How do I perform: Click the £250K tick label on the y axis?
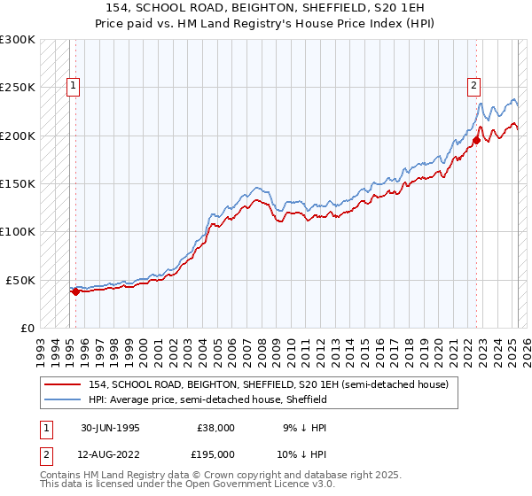click(x=19, y=88)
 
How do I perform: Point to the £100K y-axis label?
click(x=19, y=231)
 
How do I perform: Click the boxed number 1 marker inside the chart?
click(x=72, y=86)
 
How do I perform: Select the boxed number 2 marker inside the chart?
click(x=473, y=86)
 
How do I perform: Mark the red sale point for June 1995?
click(x=76, y=291)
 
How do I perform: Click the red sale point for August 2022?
click(x=476, y=140)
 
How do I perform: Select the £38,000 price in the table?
click(x=217, y=427)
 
